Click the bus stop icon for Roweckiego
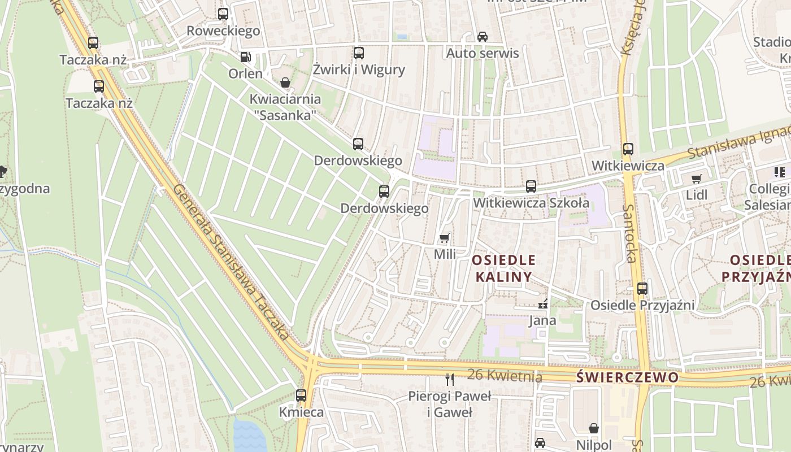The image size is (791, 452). coord(223,14)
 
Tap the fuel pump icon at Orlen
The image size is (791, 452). coord(245,56)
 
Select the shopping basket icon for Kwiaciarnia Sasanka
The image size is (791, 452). coord(285,82)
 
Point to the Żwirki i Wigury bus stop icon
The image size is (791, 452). coord(359,53)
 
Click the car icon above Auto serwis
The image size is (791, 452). coord(483,37)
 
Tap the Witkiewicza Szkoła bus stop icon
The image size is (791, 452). coord(531,186)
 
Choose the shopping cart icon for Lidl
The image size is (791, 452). coord(696,179)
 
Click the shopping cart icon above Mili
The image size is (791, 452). coord(445,237)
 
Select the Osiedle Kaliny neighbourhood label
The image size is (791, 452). coord(503,268)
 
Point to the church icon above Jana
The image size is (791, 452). coord(543,304)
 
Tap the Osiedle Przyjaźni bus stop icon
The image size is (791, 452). coord(642,288)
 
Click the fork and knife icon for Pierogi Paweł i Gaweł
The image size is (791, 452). coord(450,379)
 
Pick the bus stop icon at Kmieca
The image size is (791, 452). coord(301,395)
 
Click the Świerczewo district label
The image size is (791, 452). coord(627,377)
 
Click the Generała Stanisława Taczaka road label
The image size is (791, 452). coord(232,263)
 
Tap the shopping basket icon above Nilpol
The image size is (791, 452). coord(594,428)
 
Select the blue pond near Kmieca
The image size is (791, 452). coord(249,436)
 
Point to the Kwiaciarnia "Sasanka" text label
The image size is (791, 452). coord(285,107)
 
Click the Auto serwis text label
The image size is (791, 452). coord(483,53)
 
